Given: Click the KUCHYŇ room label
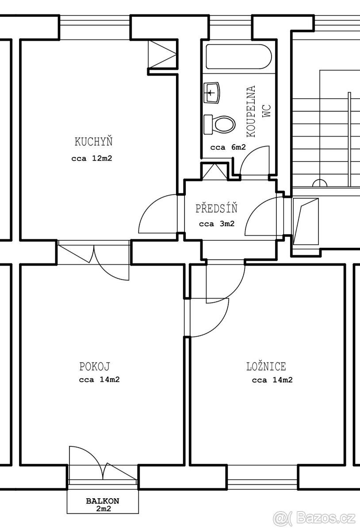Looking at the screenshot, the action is [93, 142].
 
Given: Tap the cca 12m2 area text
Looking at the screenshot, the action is [92, 158].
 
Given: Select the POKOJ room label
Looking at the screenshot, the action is [95, 366].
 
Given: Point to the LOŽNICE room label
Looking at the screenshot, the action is [266, 366].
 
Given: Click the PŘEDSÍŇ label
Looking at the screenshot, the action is [216, 208].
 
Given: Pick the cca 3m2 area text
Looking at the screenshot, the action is [217, 224].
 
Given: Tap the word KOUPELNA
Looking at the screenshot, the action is [251, 111].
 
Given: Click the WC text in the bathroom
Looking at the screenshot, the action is [266, 111].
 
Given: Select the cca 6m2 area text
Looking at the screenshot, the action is [228, 147].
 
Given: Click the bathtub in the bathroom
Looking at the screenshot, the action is [239, 57].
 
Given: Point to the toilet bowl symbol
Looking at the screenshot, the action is [220, 125].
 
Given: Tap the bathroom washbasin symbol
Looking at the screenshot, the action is [212, 92].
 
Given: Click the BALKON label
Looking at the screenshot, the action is [103, 501].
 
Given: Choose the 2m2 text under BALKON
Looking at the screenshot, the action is [103, 508].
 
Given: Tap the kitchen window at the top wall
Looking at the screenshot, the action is [95, 27].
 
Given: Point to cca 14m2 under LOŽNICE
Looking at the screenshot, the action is [272, 380].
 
